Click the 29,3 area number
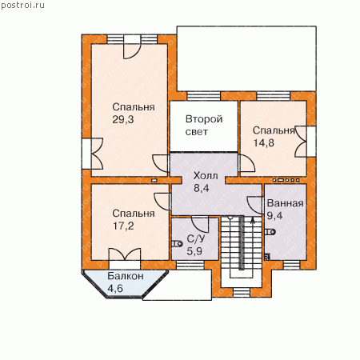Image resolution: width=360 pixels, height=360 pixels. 123,120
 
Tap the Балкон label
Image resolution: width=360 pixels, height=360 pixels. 126,276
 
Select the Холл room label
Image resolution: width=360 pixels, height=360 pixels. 206,176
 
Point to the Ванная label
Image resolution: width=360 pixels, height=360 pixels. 285,203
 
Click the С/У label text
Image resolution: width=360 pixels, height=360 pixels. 196,238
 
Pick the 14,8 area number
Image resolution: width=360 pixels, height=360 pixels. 263,143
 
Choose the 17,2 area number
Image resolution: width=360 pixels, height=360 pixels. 123,226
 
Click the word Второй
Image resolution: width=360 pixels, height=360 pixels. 204,119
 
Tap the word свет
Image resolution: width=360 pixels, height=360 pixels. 197,132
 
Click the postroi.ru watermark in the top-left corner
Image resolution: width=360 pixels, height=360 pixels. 22,6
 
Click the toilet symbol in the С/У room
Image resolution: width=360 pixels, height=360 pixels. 177,243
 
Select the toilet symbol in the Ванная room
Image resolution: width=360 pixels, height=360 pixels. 270,232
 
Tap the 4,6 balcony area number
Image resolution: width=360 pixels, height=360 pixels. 115,289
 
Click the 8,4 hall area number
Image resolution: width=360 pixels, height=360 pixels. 202,188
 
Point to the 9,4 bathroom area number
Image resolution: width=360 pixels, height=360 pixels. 274,215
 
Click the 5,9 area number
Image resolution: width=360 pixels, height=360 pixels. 194,251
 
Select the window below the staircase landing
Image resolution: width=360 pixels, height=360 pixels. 242,292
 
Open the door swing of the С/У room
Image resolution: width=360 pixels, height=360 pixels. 200,225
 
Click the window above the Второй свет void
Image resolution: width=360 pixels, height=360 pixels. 204,96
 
